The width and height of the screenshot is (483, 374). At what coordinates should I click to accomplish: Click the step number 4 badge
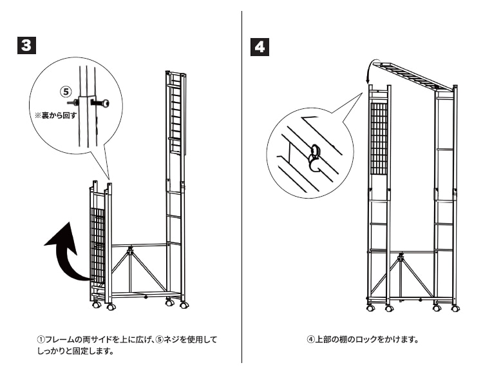coord(259,46)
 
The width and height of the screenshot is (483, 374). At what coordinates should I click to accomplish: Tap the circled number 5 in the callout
coord(64,92)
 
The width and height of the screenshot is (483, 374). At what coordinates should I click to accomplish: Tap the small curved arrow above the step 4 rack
coord(370,71)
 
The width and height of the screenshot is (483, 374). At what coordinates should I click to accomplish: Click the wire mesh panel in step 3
coord(97,245)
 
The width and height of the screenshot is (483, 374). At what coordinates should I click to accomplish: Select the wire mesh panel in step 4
coord(380,139)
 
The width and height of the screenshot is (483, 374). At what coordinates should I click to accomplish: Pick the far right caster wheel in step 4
coord(455,308)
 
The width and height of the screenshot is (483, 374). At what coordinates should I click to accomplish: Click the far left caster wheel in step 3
coord(96,304)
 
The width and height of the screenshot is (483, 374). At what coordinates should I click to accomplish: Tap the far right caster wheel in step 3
coord(184,304)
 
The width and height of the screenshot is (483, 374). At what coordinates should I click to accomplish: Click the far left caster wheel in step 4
coord(370,308)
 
